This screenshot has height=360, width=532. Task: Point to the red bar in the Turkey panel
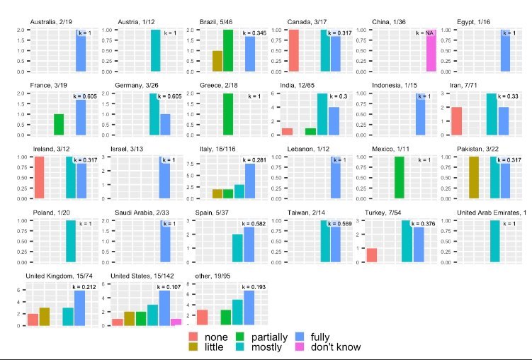[x=372, y=255]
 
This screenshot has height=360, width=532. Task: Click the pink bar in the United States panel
[x=176, y=322]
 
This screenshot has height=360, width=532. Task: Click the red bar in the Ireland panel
[x=39, y=177]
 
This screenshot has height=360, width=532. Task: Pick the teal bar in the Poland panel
[x=70, y=241]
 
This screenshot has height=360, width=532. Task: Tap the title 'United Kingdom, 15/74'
[x=57, y=276]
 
